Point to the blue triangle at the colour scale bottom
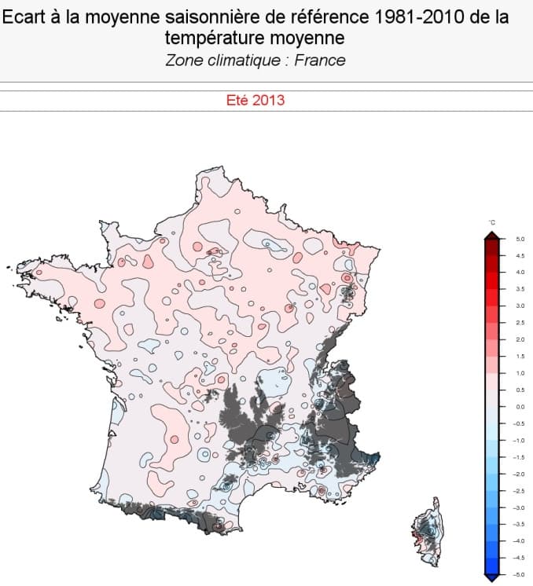tap(491, 578)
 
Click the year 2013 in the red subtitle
tap(269, 101)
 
